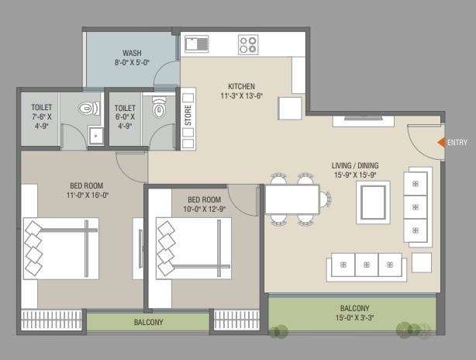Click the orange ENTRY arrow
(441, 143)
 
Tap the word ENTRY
(457, 143)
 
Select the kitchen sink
(197, 44)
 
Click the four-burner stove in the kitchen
(248, 45)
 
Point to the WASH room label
(132, 53)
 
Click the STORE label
(188, 116)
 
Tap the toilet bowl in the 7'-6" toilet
(89, 108)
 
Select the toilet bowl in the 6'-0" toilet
(160, 107)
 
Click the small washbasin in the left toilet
(96, 136)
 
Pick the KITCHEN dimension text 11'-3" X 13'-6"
(241, 96)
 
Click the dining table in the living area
(292, 199)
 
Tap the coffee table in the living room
(373, 202)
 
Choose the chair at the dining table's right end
(325, 199)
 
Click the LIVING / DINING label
(355, 165)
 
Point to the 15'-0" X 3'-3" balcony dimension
(354, 318)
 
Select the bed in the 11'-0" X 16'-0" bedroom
(61, 248)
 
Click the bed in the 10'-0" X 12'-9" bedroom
(194, 248)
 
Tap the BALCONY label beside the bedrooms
(148, 322)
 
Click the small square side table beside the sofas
(422, 262)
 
